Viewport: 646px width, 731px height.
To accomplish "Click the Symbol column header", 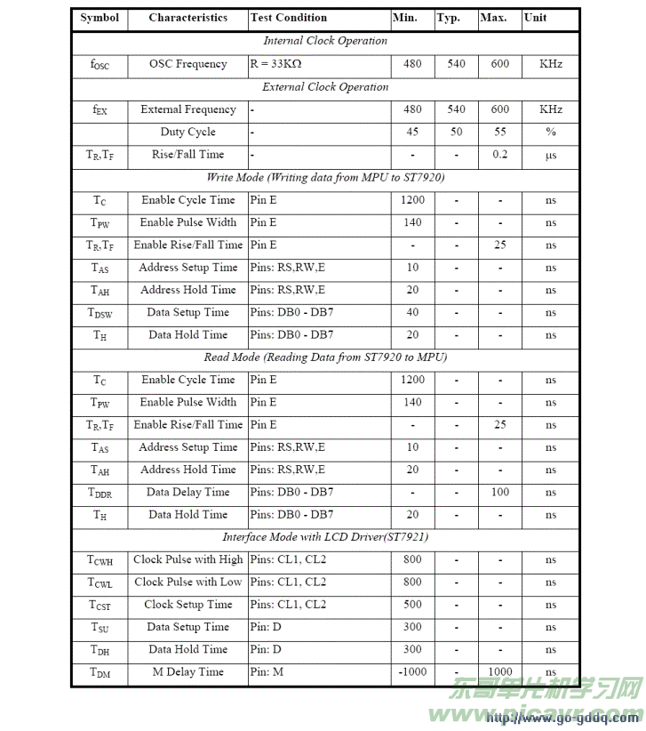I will (x=99, y=18).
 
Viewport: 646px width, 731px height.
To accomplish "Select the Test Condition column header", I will (x=289, y=18).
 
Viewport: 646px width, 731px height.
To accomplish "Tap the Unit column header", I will (x=535, y=18).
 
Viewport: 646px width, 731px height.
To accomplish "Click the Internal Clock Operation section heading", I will (x=325, y=41).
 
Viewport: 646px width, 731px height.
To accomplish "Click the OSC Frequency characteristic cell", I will (x=187, y=64).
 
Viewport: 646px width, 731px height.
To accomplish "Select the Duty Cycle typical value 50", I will (x=456, y=132).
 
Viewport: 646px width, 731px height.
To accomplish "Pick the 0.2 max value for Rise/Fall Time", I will (x=500, y=155).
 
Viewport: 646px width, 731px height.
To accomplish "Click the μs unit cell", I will (x=551, y=155).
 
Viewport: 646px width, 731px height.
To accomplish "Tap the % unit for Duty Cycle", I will (x=551, y=132).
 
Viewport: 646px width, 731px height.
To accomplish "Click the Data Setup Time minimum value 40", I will (x=412, y=313).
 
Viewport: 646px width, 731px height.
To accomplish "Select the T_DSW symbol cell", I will (x=100, y=313).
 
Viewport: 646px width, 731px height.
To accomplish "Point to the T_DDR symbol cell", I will (x=100, y=493).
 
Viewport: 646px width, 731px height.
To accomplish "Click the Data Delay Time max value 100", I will (x=500, y=493).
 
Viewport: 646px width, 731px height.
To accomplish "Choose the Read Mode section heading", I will (x=325, y=357).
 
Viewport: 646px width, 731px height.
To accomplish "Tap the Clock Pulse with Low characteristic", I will (x=187, y=582).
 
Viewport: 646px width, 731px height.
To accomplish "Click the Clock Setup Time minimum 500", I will (x=412, y=605).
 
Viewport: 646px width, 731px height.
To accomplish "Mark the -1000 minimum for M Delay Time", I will (x=412, y=672).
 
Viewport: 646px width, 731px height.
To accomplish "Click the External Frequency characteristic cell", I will (x=187, y=109).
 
